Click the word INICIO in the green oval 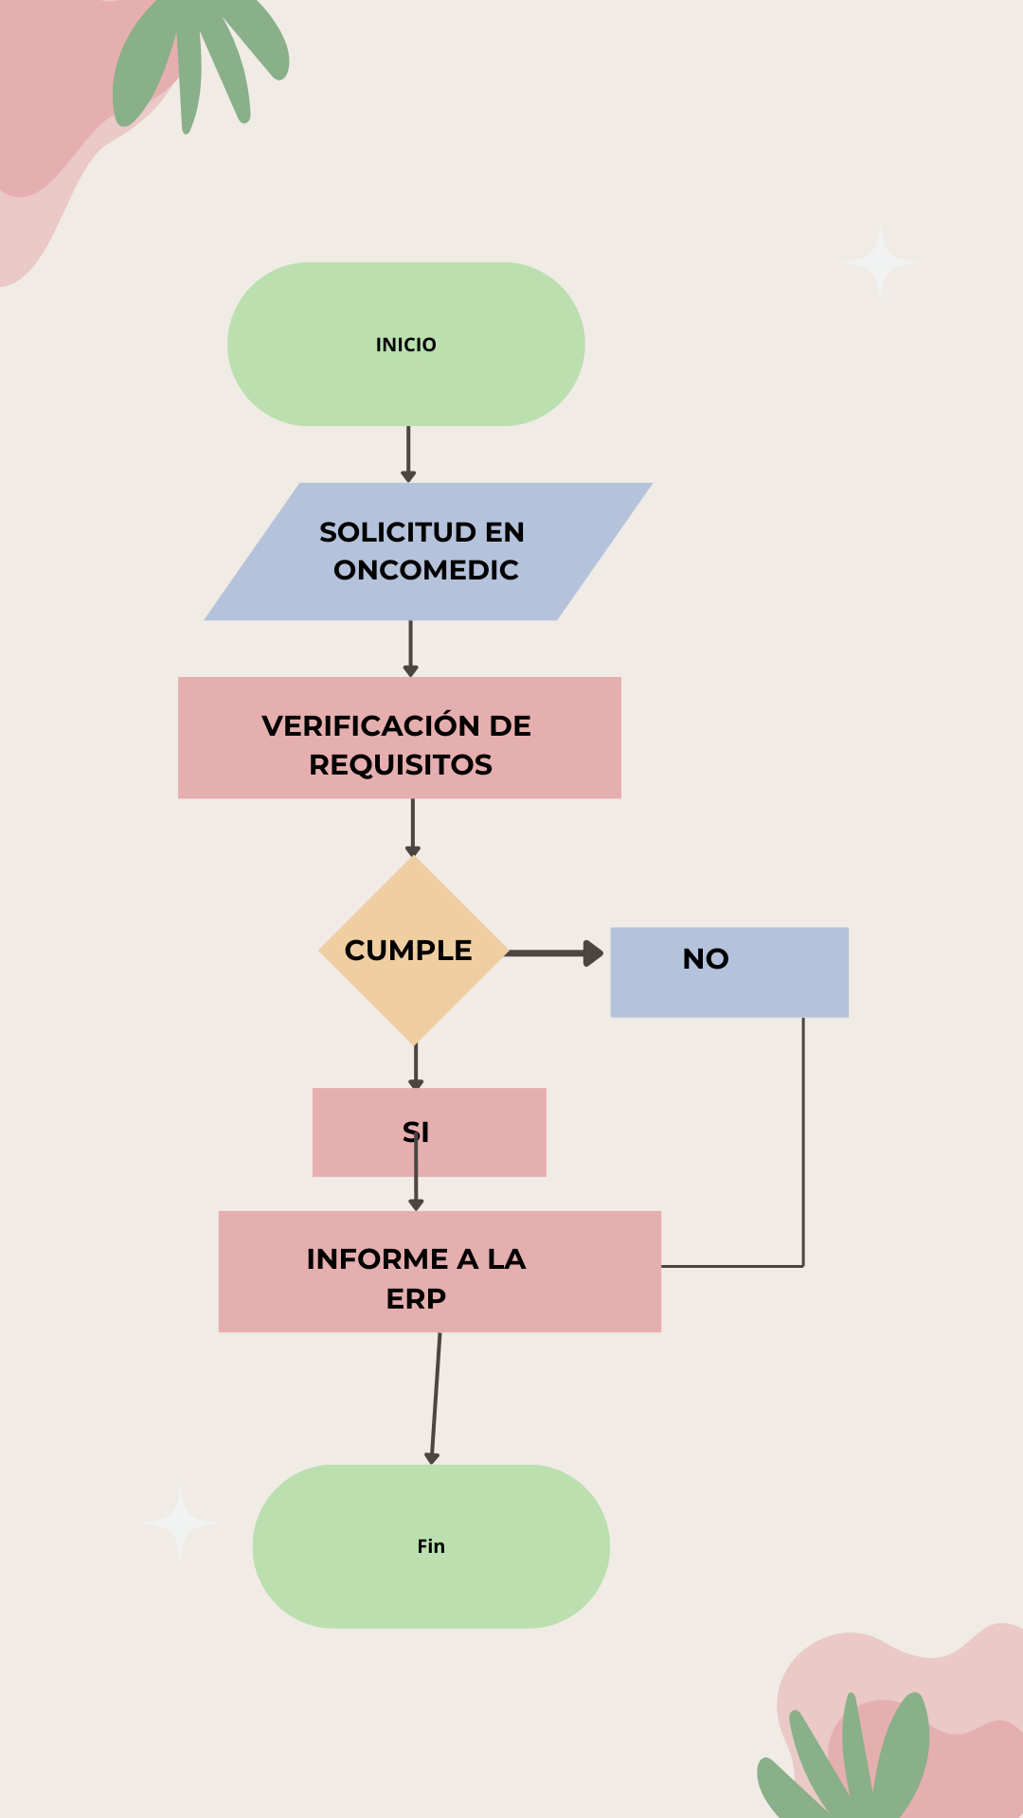pyautogui.click(x=405, y=345)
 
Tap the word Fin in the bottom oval pyautogui.click(x=431, y=1546)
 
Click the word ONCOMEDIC pyautogui.click(x=426, y=570)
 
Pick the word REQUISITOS pyautogui.click(x=401, y=765)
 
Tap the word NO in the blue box pyautogui.click(x=706, y=959)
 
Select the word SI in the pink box pyautogui.click(x=416, y=1132)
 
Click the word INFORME pyautogui.click(x=377, y=1259)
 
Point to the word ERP pyautogui.click(x=416, y=1299)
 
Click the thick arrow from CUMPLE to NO pyautogui.click(x=554, y=954)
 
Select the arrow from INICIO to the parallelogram pyautogui.click(x=408, y=454)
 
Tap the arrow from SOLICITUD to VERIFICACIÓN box pyautogui.click(x=410, y=648)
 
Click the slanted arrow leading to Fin pyautogui.click(x=436, y=1398)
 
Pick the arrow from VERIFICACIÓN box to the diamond pyautogui.click(x=412, y=827)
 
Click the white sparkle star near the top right pyautogui.click(x=880, y=261)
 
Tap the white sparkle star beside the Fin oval pyautogui.click(x=180, y=1523)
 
